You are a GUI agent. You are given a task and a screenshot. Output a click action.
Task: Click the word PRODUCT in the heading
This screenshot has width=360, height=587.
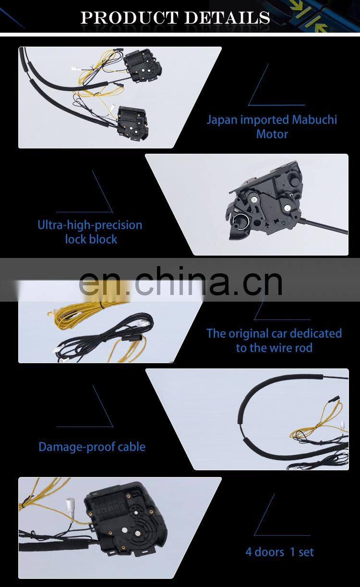(x=129, y=17)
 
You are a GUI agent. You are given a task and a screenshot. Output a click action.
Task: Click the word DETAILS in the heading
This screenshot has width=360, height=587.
(x=227, y=17)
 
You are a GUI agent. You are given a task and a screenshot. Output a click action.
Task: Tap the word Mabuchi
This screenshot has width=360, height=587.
(x=314, y=120)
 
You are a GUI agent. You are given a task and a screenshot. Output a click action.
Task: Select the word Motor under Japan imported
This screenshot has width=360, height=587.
(x=272, y=134)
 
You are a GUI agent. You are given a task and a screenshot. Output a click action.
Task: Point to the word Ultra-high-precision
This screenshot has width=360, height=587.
(x=90, y=225)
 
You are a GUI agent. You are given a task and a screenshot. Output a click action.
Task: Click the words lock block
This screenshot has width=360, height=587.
(x=91, y=240)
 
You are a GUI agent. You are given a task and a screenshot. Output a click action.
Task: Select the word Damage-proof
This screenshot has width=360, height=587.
(x=73, y=447)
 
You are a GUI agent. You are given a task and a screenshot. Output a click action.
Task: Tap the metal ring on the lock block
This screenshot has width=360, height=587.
(x=241, y=221)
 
